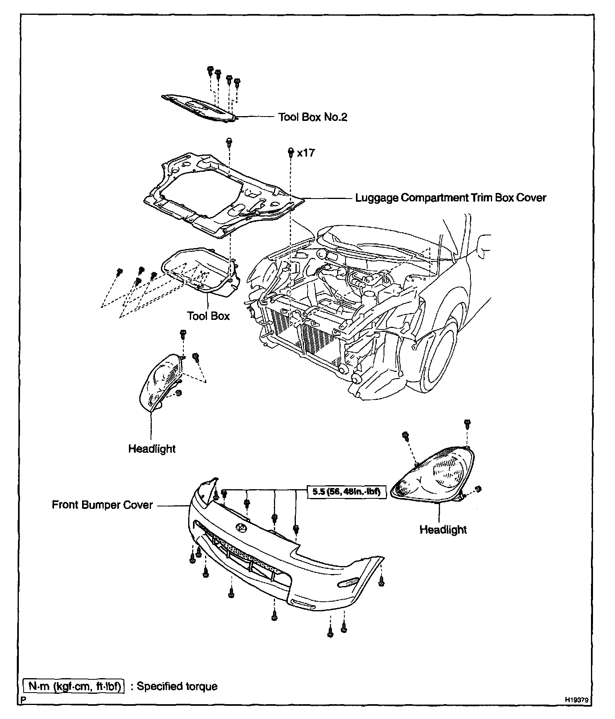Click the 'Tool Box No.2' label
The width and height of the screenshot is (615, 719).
pos(313,117)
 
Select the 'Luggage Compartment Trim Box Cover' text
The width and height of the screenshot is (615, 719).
pos(450,198)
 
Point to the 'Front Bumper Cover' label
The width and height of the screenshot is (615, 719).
pos(102,505)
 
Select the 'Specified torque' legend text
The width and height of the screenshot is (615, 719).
pos(177,686)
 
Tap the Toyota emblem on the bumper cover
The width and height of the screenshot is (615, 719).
pos(242,527)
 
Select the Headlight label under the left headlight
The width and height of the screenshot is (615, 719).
pos(152,449)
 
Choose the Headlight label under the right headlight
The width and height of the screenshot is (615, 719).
pos(443,530)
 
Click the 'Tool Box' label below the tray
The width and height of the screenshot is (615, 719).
pos(208,316)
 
